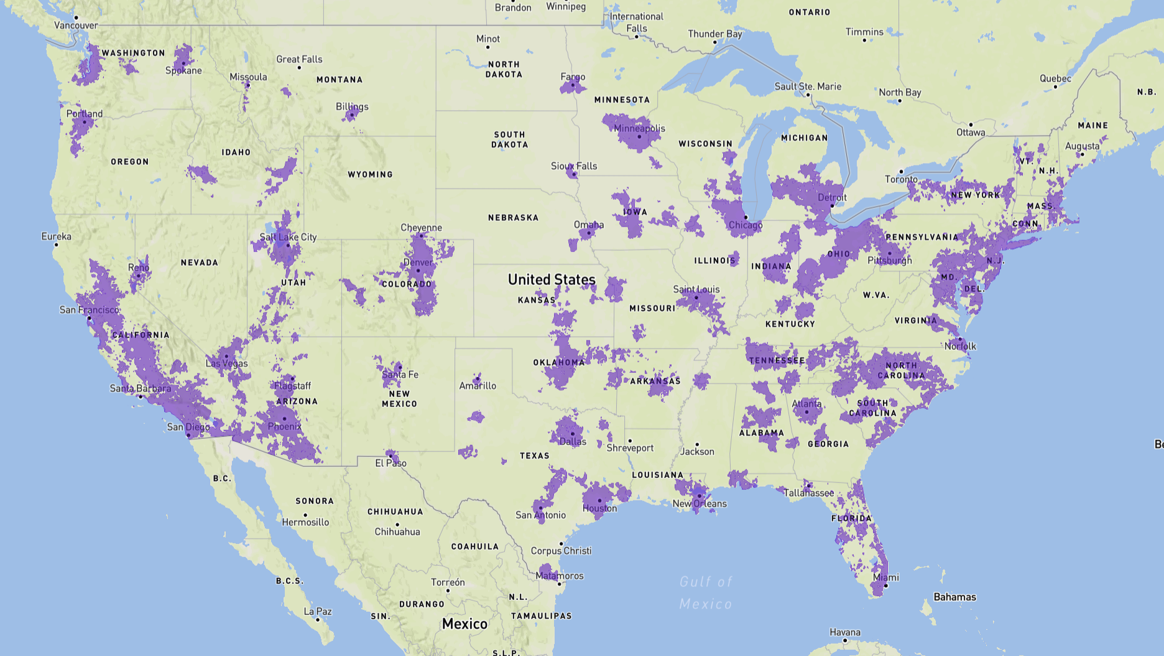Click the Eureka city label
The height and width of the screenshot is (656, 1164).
pos(56,237)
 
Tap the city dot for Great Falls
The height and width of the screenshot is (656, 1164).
pos(299,67)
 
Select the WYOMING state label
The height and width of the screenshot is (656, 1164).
pos(370,174)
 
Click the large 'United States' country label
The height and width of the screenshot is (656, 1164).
pos(552,279)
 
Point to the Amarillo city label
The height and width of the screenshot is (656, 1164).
pos(478,386)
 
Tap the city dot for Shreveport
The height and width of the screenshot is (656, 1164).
pos(630,441)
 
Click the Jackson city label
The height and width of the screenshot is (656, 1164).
pos(697,452)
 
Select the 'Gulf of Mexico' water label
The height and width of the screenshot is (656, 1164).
pos(706,593)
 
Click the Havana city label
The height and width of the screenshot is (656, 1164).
pos(845,632)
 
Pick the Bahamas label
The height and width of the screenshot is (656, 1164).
pos(954,597)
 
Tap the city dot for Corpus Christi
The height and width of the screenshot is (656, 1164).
pos(561,543)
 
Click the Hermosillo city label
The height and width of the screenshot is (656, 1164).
pos(305,522)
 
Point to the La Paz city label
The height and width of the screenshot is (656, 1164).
pos(317,611)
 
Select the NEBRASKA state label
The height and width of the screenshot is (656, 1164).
pos(513,218)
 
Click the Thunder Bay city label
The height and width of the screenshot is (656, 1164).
pos(714,34)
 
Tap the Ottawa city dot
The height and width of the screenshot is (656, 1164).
pos(971,124)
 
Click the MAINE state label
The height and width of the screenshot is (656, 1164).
pos(1092,125)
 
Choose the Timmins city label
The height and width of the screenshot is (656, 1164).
pos(864,32)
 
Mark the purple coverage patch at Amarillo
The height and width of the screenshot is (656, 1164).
pos(477,378)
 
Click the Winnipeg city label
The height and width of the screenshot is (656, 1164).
pos(566,6)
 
